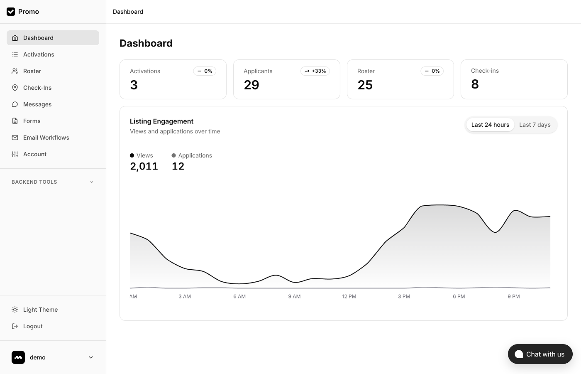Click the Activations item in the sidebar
[x=39, y=54]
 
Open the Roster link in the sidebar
[x=32, y=71]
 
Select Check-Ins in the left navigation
[x=37, y=88]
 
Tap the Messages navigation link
[x=37, y=104]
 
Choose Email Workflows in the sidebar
[x=46, y=138]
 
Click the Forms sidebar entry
[x=32, y=121]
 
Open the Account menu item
[x=35, y=154]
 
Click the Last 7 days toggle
[x=535, y=125]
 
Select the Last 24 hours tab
[x=490, y=125]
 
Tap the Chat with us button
[x=540, y=354]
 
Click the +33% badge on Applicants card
[x=315, y=71]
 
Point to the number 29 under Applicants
[x=251, y=85]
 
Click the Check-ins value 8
[x=475, y=84]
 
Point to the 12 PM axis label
[x=349, y=296]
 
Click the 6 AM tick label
[x=239, y=296]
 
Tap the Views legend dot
[x=132, y=155]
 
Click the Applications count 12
[x=178, y=166]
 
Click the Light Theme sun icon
[x=15, y=310]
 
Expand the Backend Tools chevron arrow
[x=92, y=182]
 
